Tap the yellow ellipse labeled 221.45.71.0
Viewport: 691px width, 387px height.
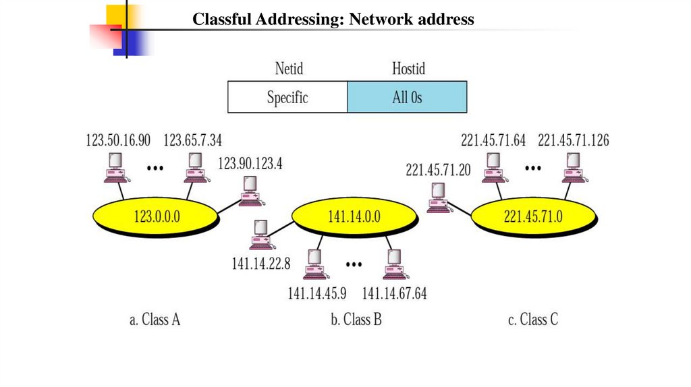click(533, 216)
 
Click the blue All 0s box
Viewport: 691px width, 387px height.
click(407, 97)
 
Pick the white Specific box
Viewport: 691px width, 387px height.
click(287, 97)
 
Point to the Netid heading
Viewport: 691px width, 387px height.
click(289, 68)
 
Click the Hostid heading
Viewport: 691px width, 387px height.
click(408, 68)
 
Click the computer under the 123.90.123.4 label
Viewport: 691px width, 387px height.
click(250, 190)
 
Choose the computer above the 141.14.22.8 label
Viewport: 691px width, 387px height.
click(260, 236)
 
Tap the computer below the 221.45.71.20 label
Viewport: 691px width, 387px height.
click(439, 197)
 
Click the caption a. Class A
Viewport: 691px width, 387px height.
click(155, 319)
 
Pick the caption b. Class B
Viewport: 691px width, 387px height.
click(356, 319)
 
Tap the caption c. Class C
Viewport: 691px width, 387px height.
click(533, 319)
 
